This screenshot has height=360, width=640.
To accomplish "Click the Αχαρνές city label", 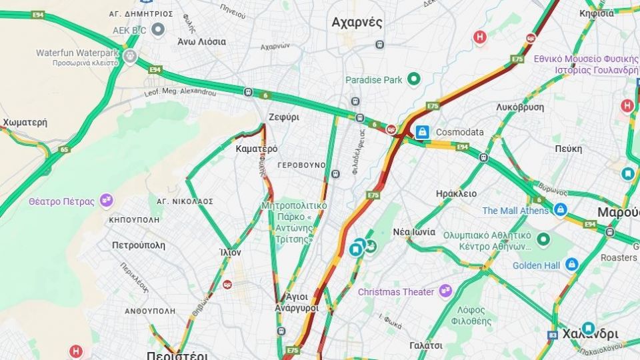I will tap(357, 23).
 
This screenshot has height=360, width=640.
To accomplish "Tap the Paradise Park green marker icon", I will tap(413, 80).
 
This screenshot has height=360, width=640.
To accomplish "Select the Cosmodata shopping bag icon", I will tap(421, 132).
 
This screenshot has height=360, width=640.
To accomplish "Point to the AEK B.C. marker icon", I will tap(158, 29).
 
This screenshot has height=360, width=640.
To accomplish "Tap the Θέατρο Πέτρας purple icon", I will tap(106, 200).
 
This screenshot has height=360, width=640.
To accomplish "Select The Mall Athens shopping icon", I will tap(560, 210).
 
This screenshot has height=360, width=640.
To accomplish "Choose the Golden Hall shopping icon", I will tap(571, 265).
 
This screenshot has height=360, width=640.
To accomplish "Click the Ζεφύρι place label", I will tap(283, 117).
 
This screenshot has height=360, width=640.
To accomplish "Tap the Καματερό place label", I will tap(257, 149).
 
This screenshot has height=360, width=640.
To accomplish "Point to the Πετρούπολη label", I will tap(139, 245).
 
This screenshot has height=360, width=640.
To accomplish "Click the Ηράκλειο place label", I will tap(456, 193).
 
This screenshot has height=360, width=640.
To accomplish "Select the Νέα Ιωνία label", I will tap(414, 232).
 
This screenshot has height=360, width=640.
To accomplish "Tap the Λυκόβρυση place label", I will tap(520, 107).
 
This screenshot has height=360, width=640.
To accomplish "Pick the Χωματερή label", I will tap(25, 123).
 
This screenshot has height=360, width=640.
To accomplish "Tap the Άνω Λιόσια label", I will tap(201, 41).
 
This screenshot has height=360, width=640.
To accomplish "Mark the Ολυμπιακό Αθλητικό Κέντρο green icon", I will tap(543, 239).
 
